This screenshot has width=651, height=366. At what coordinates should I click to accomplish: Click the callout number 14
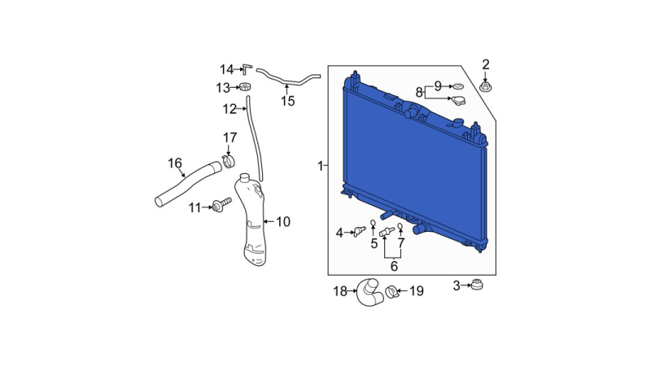pos(227,69)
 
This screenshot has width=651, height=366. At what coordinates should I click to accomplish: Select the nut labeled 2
pos(484,87)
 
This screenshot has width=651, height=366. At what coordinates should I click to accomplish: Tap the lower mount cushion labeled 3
pos(477,285)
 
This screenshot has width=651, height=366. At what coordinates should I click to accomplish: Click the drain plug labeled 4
pos(360,231)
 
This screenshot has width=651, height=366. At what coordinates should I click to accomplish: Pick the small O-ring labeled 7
pos(400,226)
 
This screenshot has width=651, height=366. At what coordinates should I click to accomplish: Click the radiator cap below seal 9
pos(458,100)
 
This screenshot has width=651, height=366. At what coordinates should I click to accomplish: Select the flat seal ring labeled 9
pos(458,87)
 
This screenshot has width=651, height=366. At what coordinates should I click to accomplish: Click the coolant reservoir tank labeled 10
pos(252,220)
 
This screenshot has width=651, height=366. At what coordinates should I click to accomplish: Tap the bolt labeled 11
pos(221,205)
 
